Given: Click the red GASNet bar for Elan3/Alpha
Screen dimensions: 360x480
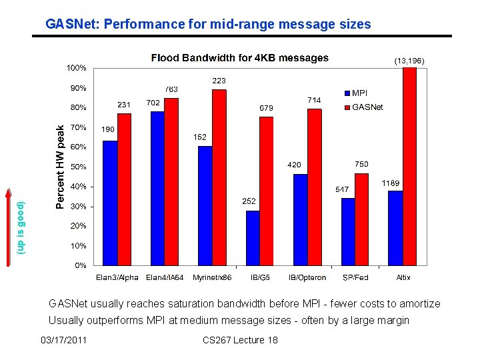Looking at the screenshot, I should (x=124, y=189).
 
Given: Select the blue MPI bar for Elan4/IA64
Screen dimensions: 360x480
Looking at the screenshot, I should (x=157, y=188).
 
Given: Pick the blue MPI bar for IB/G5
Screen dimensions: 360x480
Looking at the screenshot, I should (x=253, y=238).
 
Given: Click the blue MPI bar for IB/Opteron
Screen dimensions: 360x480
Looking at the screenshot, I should (x=301, y=219).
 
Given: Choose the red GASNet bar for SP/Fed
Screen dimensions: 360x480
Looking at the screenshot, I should (x=361, y=219).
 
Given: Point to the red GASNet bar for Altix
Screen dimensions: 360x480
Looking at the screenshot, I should (x=409, y=166).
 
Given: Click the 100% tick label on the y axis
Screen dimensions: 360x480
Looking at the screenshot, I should (x=76, y=68).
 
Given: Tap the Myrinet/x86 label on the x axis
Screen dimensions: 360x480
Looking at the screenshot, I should (x=211, y=277).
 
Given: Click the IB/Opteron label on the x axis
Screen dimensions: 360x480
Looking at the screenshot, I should (x=307, y=277).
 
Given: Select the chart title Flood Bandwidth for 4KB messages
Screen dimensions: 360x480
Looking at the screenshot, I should (x=239, y=58).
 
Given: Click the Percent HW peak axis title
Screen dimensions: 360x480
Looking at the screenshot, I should (x=60, y=166).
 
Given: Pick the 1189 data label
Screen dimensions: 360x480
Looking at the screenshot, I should (x=391, y=183).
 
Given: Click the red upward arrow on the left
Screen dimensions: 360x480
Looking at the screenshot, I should (x=9, y=227).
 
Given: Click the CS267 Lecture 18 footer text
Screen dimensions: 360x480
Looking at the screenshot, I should (x=239, y=341).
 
